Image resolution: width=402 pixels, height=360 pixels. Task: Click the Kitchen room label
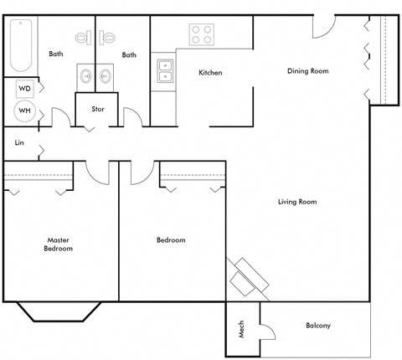tap(210, 73)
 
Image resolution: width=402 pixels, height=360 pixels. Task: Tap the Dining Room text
tap(307, 71)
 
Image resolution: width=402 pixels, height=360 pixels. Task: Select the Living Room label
tap(296, 202)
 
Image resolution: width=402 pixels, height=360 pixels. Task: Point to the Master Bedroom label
tap(59, 244)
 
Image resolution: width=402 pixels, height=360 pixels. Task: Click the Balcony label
tap(318, 326)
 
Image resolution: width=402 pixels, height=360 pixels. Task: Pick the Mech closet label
tap(242, 331)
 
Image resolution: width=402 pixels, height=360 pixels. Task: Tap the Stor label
tap(97, 109)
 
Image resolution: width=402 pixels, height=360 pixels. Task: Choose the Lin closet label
tap(18, 143)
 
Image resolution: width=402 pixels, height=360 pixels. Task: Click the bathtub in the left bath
tap(20, 47)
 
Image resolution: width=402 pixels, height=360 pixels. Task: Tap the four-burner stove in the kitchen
tap(202, 34)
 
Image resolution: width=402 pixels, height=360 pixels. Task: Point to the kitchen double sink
tap(163, 71)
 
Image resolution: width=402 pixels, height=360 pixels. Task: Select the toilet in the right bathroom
tap(108, 38)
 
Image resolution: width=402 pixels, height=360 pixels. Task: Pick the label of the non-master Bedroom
tap(171, 240)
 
